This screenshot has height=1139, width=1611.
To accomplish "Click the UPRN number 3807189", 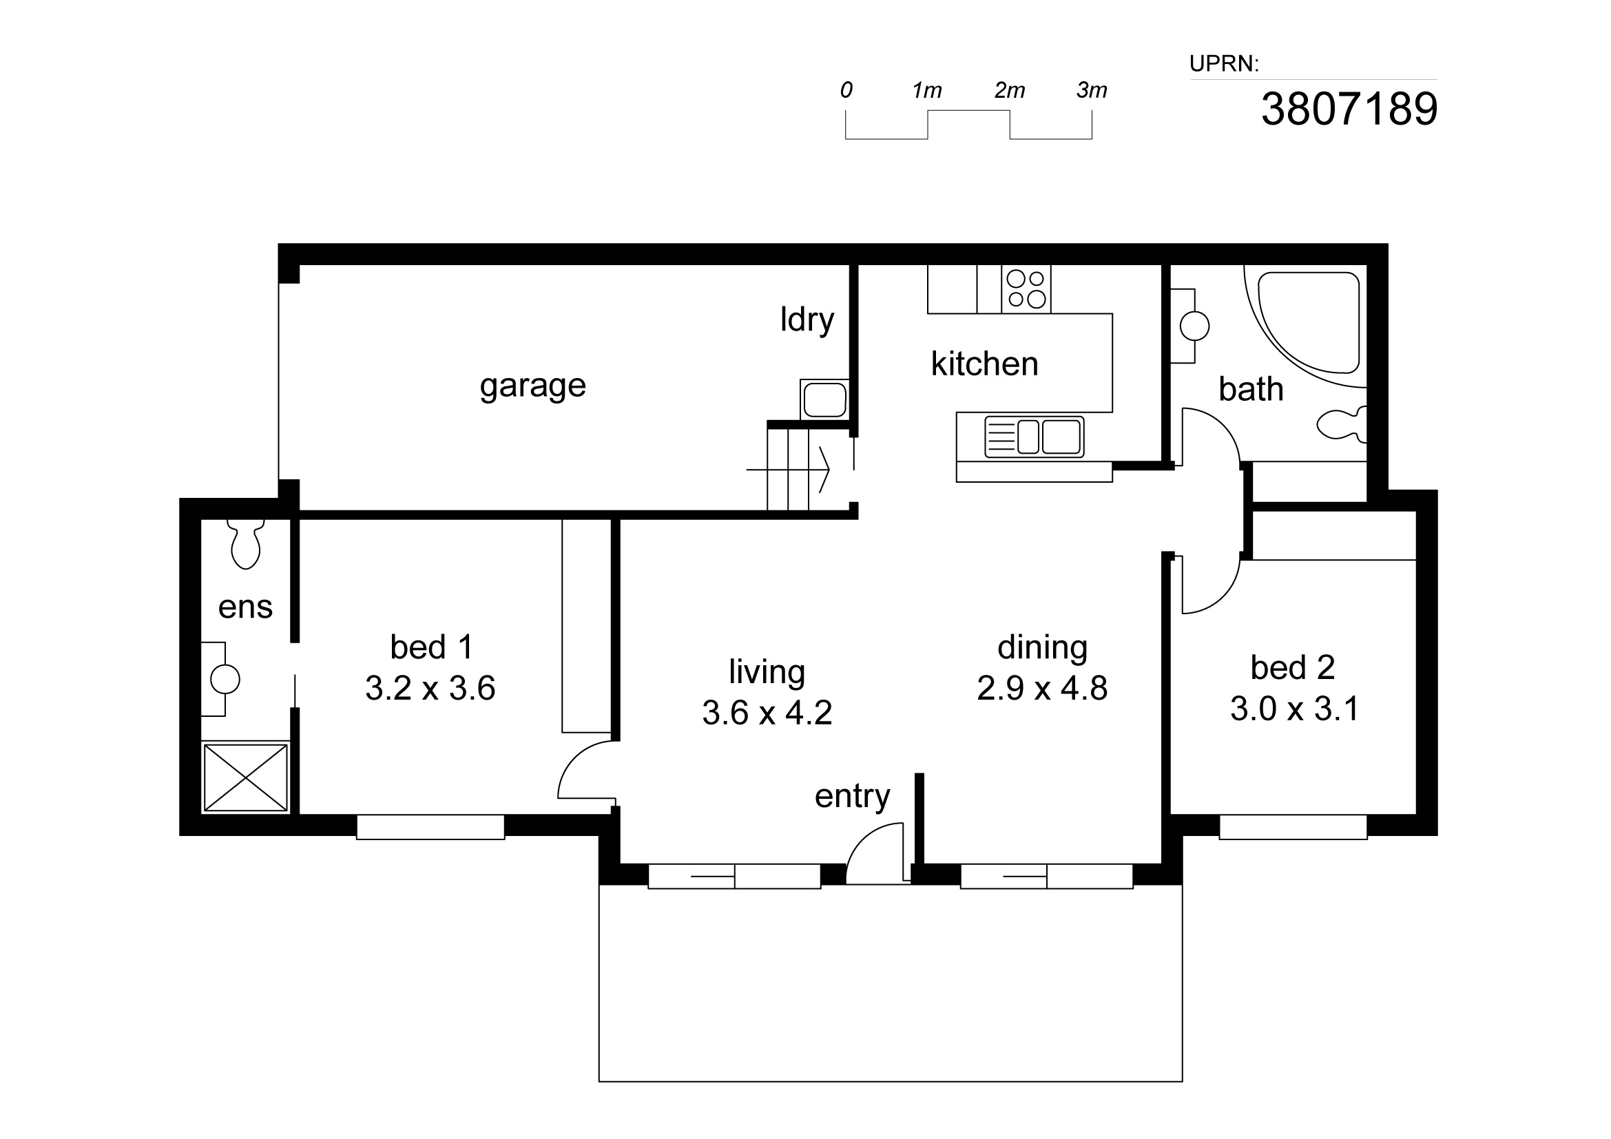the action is coord(1349,109).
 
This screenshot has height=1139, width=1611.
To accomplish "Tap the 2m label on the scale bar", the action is coord(1010,90).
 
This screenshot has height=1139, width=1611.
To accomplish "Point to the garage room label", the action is coord(532,386).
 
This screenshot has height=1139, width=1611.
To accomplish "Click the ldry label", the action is coord(807,320).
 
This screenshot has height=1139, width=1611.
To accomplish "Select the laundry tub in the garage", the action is coord(824,399).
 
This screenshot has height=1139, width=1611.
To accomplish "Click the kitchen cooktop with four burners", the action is coord(1026,289).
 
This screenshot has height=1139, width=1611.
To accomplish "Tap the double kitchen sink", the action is coord(1035,437).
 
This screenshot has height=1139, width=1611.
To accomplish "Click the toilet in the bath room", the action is coord(1342,424).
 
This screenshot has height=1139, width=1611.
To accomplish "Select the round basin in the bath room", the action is coord(1194,326).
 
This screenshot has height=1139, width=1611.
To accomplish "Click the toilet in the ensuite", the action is coord(245,543).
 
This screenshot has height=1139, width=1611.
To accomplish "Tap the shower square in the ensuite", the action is coord(246,777).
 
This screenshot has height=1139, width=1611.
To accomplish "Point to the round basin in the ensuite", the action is coord(225,679).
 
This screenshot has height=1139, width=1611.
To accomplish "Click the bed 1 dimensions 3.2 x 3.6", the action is coord(430,689).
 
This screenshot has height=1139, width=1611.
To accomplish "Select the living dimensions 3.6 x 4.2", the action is coord(767,713).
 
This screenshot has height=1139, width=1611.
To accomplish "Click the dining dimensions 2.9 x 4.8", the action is coord(1042,689).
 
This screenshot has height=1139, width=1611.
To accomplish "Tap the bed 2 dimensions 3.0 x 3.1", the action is coord(1294,709).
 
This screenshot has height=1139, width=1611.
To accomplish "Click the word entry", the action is coord(852,797).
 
